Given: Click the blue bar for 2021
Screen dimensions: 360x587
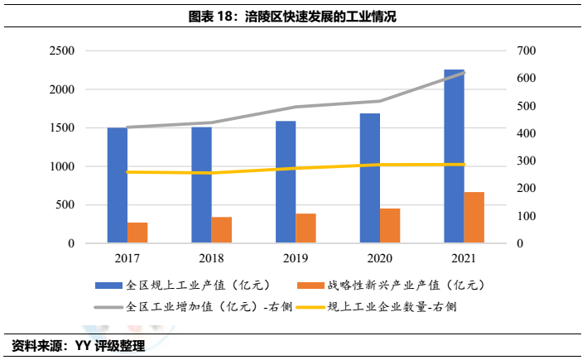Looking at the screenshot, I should tap(454, 157).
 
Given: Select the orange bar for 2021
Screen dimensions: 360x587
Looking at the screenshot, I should tap(474, 218).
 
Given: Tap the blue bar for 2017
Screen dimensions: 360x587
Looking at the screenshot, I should tap(118, 185).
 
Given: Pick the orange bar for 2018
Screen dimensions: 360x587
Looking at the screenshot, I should tap(222, 230).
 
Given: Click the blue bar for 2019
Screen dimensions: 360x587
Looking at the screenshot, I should tap(286, 182).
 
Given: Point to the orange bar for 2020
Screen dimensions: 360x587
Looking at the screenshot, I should tap(390, 226).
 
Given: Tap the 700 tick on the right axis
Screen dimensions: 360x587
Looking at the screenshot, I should tap(527, 51).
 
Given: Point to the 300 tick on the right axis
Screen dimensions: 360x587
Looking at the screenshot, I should tap(527, 161).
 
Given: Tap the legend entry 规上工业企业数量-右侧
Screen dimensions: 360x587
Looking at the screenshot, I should tap(392, 306).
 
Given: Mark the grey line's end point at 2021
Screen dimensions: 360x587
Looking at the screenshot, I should tap(464, 73).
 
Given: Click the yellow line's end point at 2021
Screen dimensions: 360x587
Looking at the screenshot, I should tap(464, 165).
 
